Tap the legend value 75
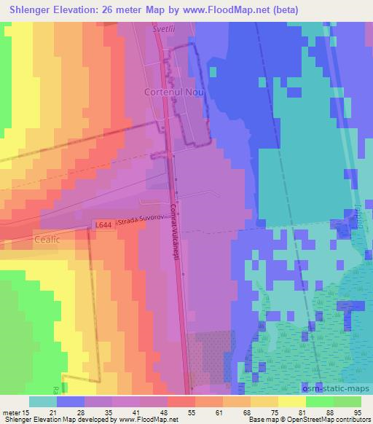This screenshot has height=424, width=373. click(265, 412)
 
